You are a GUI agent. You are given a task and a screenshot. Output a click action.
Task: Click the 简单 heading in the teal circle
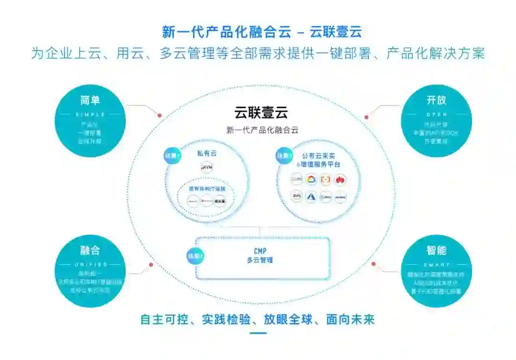[90, 100]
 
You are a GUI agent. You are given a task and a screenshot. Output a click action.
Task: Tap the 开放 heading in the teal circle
[436, 100]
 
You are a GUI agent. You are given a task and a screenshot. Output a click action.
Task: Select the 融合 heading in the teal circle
[90, 250]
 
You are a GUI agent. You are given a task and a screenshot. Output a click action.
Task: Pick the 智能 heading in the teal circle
[436, 250]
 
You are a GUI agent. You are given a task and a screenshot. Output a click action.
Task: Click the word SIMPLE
[90, 115]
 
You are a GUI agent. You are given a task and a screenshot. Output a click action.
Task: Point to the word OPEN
[436, 115]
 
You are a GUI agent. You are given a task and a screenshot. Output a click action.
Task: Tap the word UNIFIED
[90, 265]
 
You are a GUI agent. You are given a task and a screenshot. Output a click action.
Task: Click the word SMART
[436, 265]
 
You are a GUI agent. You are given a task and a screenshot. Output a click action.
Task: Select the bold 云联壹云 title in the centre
[261, 113]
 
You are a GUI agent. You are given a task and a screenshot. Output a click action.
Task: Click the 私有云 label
[207, 154]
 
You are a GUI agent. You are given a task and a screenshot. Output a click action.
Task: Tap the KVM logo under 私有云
[207, 168]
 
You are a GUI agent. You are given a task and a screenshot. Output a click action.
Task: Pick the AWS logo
[297, 197]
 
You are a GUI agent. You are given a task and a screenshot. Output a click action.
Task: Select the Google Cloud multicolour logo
[311, 180]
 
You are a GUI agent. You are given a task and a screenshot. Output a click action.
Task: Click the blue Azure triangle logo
[311, 197]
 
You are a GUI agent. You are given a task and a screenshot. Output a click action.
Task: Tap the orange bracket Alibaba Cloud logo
[325, 180]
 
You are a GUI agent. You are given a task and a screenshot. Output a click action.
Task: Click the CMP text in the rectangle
[260, 251]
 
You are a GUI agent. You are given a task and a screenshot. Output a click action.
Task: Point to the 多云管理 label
[260, 260]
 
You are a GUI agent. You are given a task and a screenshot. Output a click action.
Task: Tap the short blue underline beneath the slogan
[258, 333]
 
